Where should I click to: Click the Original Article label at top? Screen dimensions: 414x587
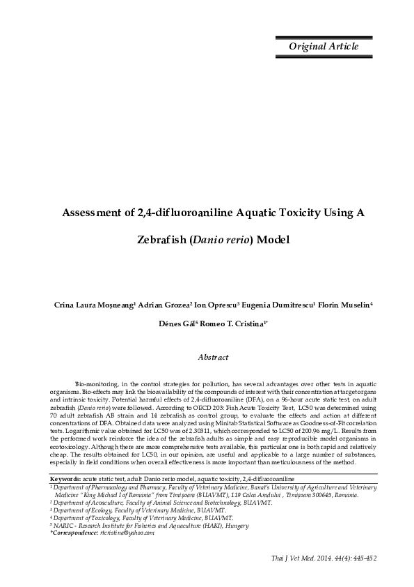coord(324,47)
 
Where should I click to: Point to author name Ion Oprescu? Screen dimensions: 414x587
coord(218,305)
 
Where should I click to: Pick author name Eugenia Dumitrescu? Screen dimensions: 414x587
coord(278,305)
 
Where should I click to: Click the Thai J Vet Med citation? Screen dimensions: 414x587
coord(324,558)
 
